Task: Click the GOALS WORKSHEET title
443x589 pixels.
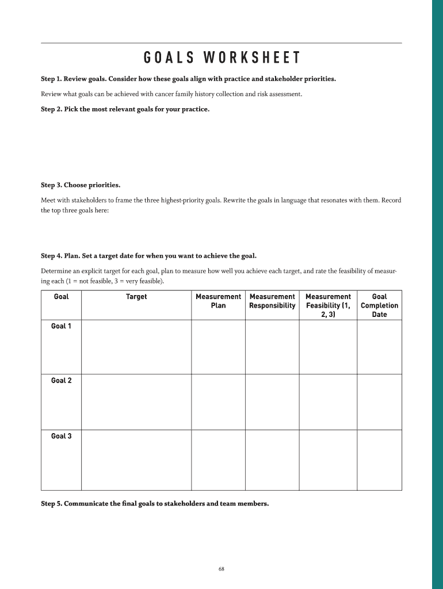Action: click(221, 58)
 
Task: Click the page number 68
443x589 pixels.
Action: click(221, 569)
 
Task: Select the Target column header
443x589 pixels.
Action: click(136, 297)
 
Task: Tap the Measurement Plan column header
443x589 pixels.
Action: click(218, 301)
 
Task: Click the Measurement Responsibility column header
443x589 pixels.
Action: click(272, 301)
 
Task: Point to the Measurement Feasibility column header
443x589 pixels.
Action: click(328, 305)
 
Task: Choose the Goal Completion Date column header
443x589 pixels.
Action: click(379, 305)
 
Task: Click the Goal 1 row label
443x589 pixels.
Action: click(61, 326)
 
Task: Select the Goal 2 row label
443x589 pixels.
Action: click(61, 381)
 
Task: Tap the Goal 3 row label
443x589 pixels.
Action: click(61, 436)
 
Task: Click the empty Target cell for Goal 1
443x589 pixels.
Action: click(136, 347)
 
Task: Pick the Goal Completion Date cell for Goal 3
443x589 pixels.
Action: click(379, 460)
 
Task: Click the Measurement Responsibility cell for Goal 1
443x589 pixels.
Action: click(272, 347)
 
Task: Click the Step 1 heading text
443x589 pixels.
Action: click(188, 78)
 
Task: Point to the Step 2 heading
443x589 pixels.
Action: click(125, 109)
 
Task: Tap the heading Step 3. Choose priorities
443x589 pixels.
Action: click(81, 185)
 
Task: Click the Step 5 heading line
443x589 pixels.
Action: click(154, 504)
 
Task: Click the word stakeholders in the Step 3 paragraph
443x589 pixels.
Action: click(87, 201)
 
